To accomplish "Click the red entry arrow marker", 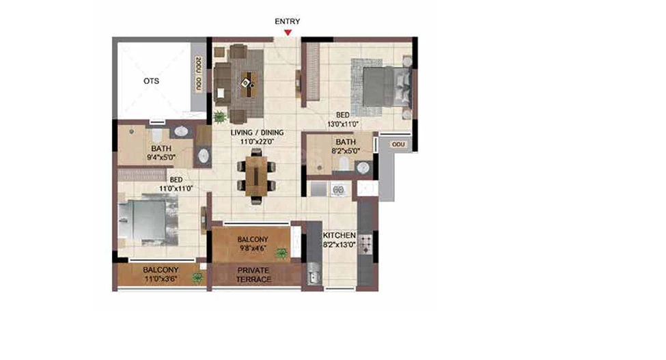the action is point(288,33).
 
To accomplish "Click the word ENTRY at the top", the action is point(287,21).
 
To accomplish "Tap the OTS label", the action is point(151,81).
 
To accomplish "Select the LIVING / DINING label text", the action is point(257,133).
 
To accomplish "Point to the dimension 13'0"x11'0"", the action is point(343,124).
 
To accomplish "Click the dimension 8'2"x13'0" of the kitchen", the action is point(339,245).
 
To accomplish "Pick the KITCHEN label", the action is point(339,235).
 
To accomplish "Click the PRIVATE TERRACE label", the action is point(253,275).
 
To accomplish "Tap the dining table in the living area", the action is point(256,176).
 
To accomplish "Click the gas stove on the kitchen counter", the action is point(365,245).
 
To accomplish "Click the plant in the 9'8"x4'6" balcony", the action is point(281,253).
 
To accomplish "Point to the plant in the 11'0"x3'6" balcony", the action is point(197,278).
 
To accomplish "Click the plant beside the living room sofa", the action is point(219,116).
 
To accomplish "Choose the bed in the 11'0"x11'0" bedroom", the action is point(148,220).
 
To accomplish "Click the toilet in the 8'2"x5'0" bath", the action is point(343,164).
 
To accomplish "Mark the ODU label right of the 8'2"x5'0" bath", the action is point(398,144).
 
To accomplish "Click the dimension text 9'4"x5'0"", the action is point(161,157).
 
